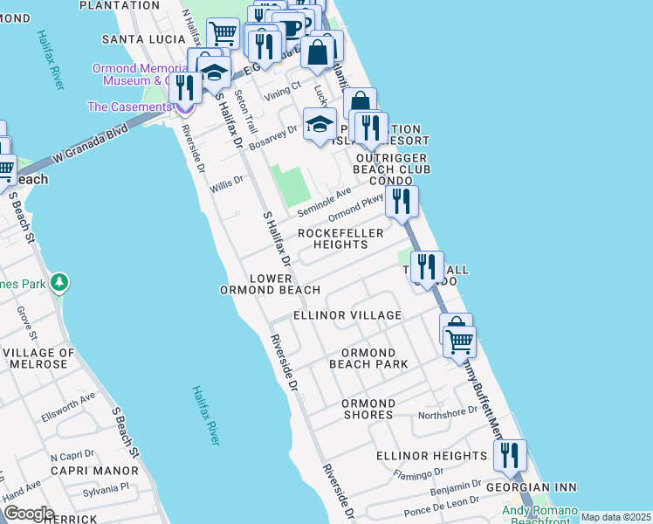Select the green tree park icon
point(58,282)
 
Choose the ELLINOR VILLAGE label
point(347,315)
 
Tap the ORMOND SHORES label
point(368,409)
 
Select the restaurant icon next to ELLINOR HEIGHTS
point(510,455)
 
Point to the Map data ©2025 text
point(615,517)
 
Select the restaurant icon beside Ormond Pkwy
point(402,202)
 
